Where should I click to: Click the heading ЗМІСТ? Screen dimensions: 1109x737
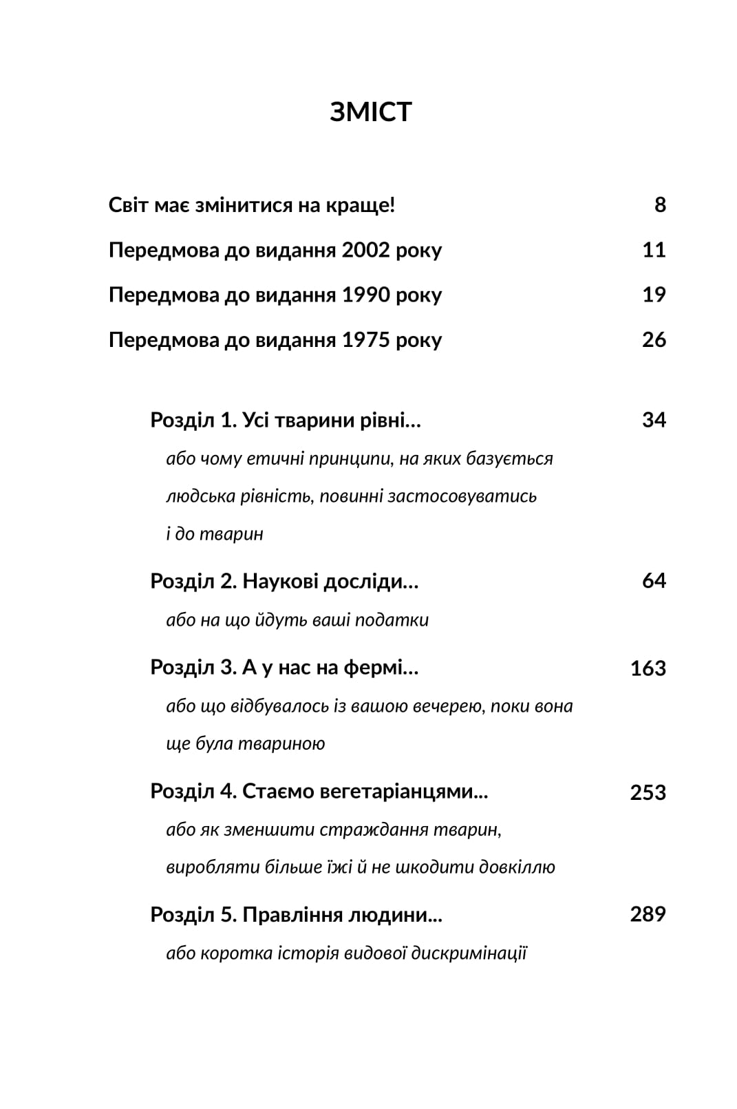pos(370,112)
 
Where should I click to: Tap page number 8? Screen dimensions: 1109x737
pos(659,205)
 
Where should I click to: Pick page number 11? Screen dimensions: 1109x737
pos(654,250)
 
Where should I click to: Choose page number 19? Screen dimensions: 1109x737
pos(654,295)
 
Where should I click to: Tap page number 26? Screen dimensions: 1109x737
pos(654,340)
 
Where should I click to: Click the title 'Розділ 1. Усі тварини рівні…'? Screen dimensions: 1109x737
pos(285,420)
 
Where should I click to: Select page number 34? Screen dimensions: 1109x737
pos(654,420)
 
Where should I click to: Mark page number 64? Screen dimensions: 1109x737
pos(654,582)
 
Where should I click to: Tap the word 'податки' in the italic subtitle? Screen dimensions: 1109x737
pos(398,620)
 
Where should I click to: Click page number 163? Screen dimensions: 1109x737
pos(648,668)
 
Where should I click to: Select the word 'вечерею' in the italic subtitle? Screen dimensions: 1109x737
pos(448,706)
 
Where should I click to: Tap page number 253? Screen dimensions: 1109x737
pos(648,792)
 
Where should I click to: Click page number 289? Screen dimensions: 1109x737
pos(648,915)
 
